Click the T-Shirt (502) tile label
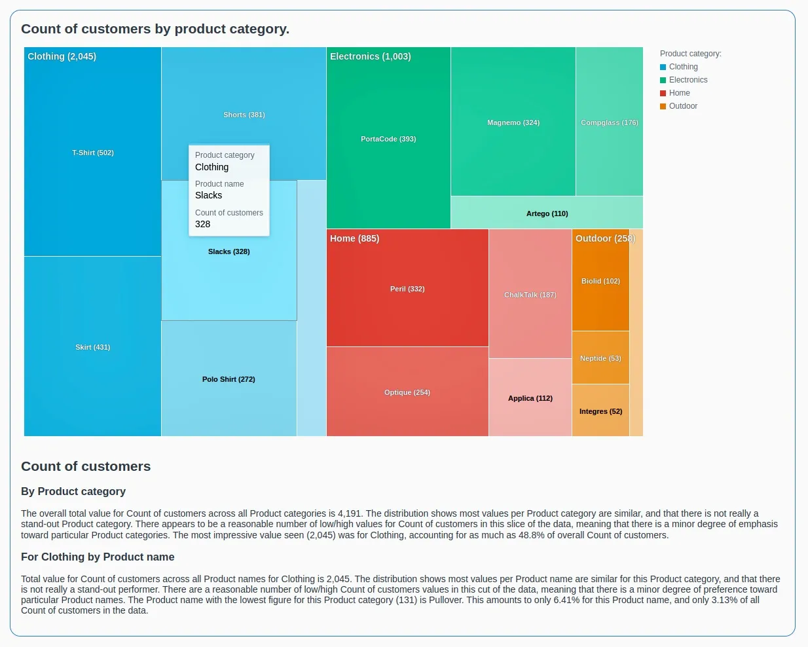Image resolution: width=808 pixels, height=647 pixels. (x=93, y=153)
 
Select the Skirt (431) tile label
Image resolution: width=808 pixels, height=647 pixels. (x=93, y=347)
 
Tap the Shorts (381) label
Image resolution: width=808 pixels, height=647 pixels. (x=244, y=115)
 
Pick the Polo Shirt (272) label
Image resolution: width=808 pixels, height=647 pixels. (x=229, y=379)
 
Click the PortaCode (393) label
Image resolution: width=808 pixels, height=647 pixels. (x=388, y=139)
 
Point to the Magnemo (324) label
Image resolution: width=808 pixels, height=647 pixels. (x=513, y=122)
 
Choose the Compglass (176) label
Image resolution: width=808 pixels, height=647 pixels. (x=609, y=122)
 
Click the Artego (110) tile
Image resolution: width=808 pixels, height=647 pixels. (x=547, y=213)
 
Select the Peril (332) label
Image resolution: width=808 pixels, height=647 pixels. (x=407, y=289)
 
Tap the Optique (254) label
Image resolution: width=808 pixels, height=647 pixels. (x=407, y=392)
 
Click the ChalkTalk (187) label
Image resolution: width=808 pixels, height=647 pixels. (x=530, y=295)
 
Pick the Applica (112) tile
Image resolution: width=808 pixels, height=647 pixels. (x=530, y=398)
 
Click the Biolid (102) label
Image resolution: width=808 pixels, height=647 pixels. (x=600, y=281)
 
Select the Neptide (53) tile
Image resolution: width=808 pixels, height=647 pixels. (x=600, y=358)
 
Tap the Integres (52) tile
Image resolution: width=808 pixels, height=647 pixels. (x=600, y=411)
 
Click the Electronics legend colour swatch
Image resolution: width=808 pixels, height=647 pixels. (x=663, y=80)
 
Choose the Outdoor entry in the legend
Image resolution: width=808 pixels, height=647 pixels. (x=682, y=106)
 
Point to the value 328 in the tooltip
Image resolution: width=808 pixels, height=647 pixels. (x=203, y=224)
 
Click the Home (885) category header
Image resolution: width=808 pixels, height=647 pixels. (x=354, y=238)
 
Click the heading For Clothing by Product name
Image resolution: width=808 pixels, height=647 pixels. (x=98, y=557)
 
